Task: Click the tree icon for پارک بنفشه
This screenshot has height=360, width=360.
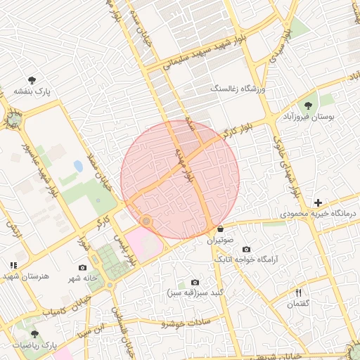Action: click(x=32, y=80)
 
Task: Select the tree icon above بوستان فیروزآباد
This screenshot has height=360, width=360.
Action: click(x=308, y=105)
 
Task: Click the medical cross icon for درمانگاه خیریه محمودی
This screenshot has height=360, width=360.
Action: click(x=318, y=202)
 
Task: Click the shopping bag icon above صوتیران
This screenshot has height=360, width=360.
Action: click(x=220, y=229)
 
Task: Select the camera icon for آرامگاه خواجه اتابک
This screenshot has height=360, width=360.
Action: click(x=246, y=250)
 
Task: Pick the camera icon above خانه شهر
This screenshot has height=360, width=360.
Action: click(x=83, y=267)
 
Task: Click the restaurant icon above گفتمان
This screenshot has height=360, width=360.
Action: click(x=298, y=292)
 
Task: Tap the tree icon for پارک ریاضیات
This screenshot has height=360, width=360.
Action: click(x=34, y=335)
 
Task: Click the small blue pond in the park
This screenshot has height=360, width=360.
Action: click(x=77, y=167)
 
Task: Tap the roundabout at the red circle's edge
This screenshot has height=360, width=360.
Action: click(x=146, y=222)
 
